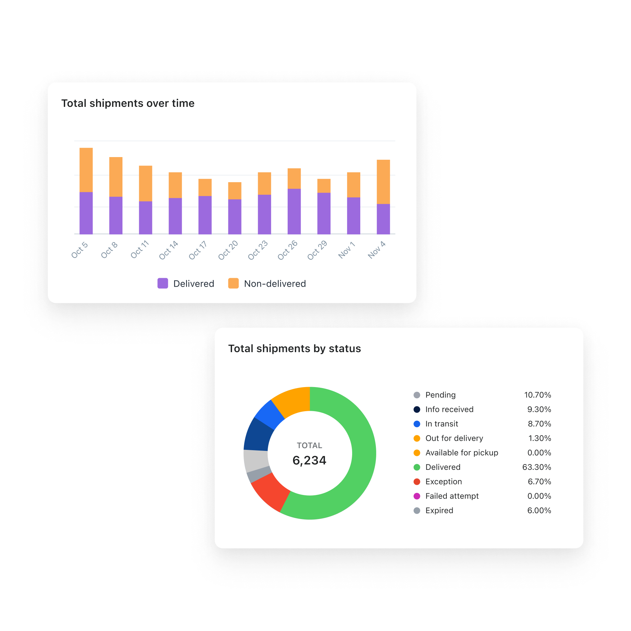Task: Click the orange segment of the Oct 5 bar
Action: [x=86, y=170]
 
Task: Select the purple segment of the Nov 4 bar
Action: [x=383, y=219]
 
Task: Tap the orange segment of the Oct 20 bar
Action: [x=235, y=191]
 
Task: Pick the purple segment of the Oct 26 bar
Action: [x=294, y=211]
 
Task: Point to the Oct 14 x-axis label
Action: [x=169, y=250]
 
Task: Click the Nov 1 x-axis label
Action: [x=347, y=250]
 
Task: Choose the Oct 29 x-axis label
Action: [x=317, y=250]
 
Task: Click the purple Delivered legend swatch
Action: [x=163, y=283]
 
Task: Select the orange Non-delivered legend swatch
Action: [x=233, y=283]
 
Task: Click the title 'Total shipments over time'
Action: [x=128, y=103]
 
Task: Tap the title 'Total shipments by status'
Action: [x=294, y=348]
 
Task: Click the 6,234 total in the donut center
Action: [x=309, y=460]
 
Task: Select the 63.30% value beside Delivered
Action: [x=537, y=467]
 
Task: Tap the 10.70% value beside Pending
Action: [x=538, y=395]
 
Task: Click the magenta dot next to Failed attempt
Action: [x=417, y=496]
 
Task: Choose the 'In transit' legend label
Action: [x=442, y=424]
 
